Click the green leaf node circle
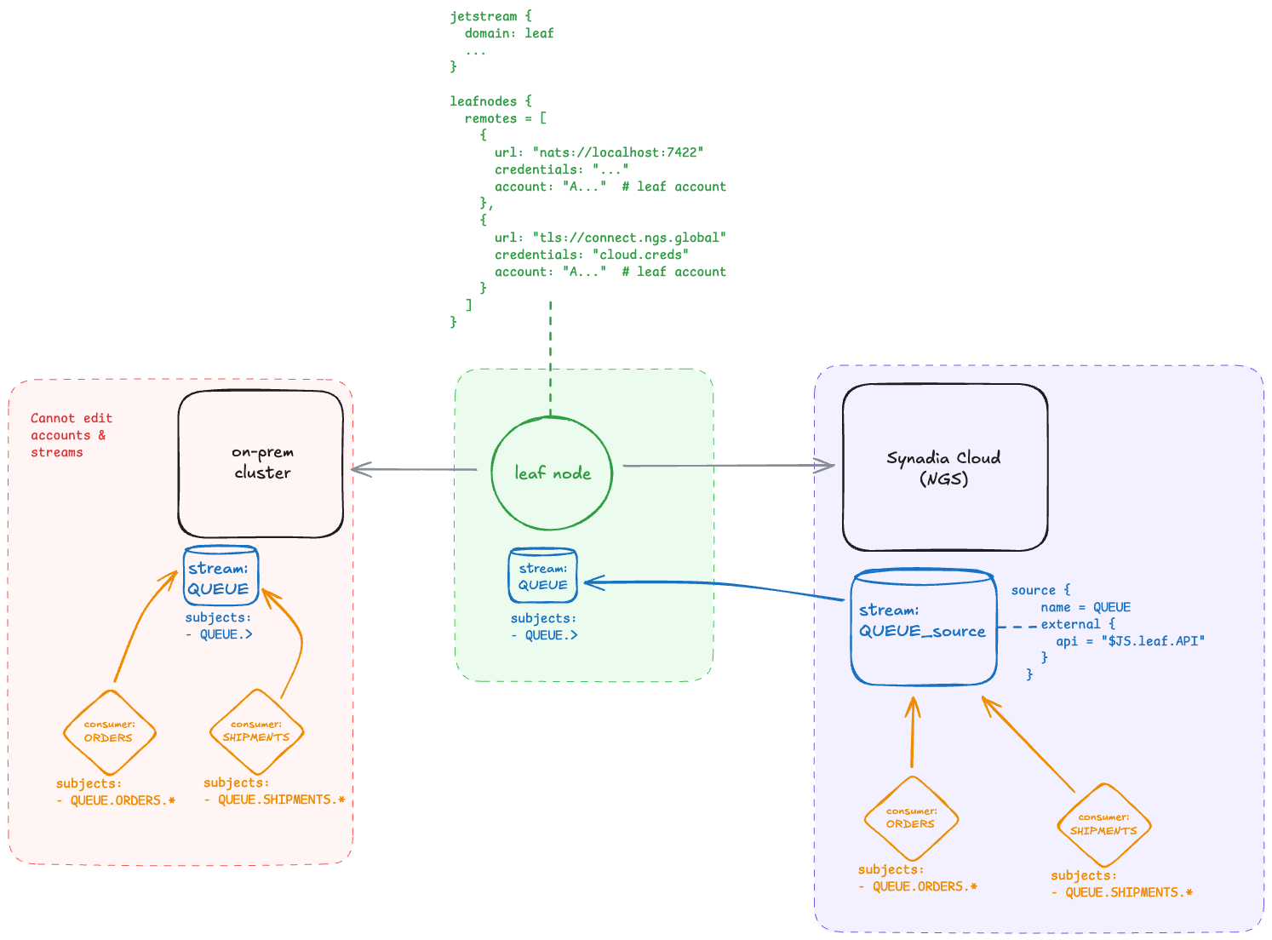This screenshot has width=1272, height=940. [552, 473]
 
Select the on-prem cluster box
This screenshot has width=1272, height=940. [261, 464]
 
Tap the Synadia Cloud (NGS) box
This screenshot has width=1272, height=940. [944, 467]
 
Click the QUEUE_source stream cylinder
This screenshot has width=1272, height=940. [924, 628]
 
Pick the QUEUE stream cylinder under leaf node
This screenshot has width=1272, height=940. [542, 576]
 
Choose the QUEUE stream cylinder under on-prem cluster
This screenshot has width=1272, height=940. [221, 576]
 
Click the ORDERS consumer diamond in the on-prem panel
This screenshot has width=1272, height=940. [110, 732]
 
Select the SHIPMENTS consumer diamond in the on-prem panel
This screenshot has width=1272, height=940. [256, 732]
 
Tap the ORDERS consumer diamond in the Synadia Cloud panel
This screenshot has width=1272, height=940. [911, 818]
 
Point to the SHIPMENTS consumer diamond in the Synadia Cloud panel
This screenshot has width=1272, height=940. [1103, 825]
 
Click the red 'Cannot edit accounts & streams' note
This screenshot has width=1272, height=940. [72, 435]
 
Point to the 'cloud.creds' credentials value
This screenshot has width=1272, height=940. [640, 255]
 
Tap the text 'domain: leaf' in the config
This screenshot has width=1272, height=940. [509, 33]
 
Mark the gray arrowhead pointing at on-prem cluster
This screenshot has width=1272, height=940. [362, 469]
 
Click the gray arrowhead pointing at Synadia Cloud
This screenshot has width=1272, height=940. [825, 466]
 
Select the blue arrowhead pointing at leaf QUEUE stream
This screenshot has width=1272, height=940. [594, 582]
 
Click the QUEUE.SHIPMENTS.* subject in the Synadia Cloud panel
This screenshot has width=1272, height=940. [1128, 892]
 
